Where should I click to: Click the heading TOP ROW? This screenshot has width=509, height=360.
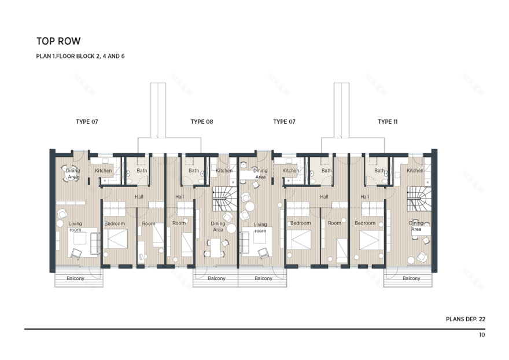tap(58, 41)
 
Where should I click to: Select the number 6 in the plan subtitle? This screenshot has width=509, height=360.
tap(123, 56)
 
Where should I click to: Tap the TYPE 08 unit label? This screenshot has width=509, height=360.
tap(202, 122)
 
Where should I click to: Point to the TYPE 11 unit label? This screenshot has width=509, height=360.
tap(388, 122)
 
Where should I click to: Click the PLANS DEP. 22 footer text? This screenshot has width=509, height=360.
tap(466, 319)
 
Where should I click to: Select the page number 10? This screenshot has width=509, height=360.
tap(482, 335)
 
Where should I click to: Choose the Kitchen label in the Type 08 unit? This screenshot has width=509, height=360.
tap(224, 171)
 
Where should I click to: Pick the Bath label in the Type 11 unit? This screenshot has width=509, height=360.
tap(379, 171)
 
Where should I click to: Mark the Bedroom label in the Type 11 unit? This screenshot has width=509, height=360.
tap(365, 223)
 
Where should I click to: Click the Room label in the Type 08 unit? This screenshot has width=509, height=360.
tap(179, 223)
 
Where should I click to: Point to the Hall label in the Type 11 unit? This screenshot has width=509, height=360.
tap(364, 197)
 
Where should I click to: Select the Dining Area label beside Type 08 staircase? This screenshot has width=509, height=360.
tap(218, 226)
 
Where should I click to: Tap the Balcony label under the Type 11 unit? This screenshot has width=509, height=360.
tap(411, 278)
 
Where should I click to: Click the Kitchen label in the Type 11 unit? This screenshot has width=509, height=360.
tap(415, 171)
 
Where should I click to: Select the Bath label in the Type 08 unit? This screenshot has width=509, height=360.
tap(193, 171)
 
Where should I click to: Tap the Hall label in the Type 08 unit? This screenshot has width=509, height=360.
tap(179, 197)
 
